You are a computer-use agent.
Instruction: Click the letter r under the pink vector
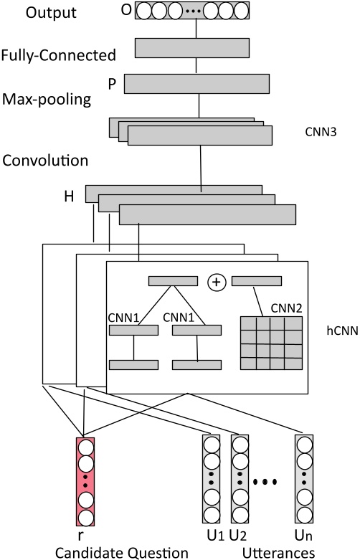pyautogui.click(x=84, y=536)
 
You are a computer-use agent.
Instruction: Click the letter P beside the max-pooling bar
pyautogui.click(x=111, y=83)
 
